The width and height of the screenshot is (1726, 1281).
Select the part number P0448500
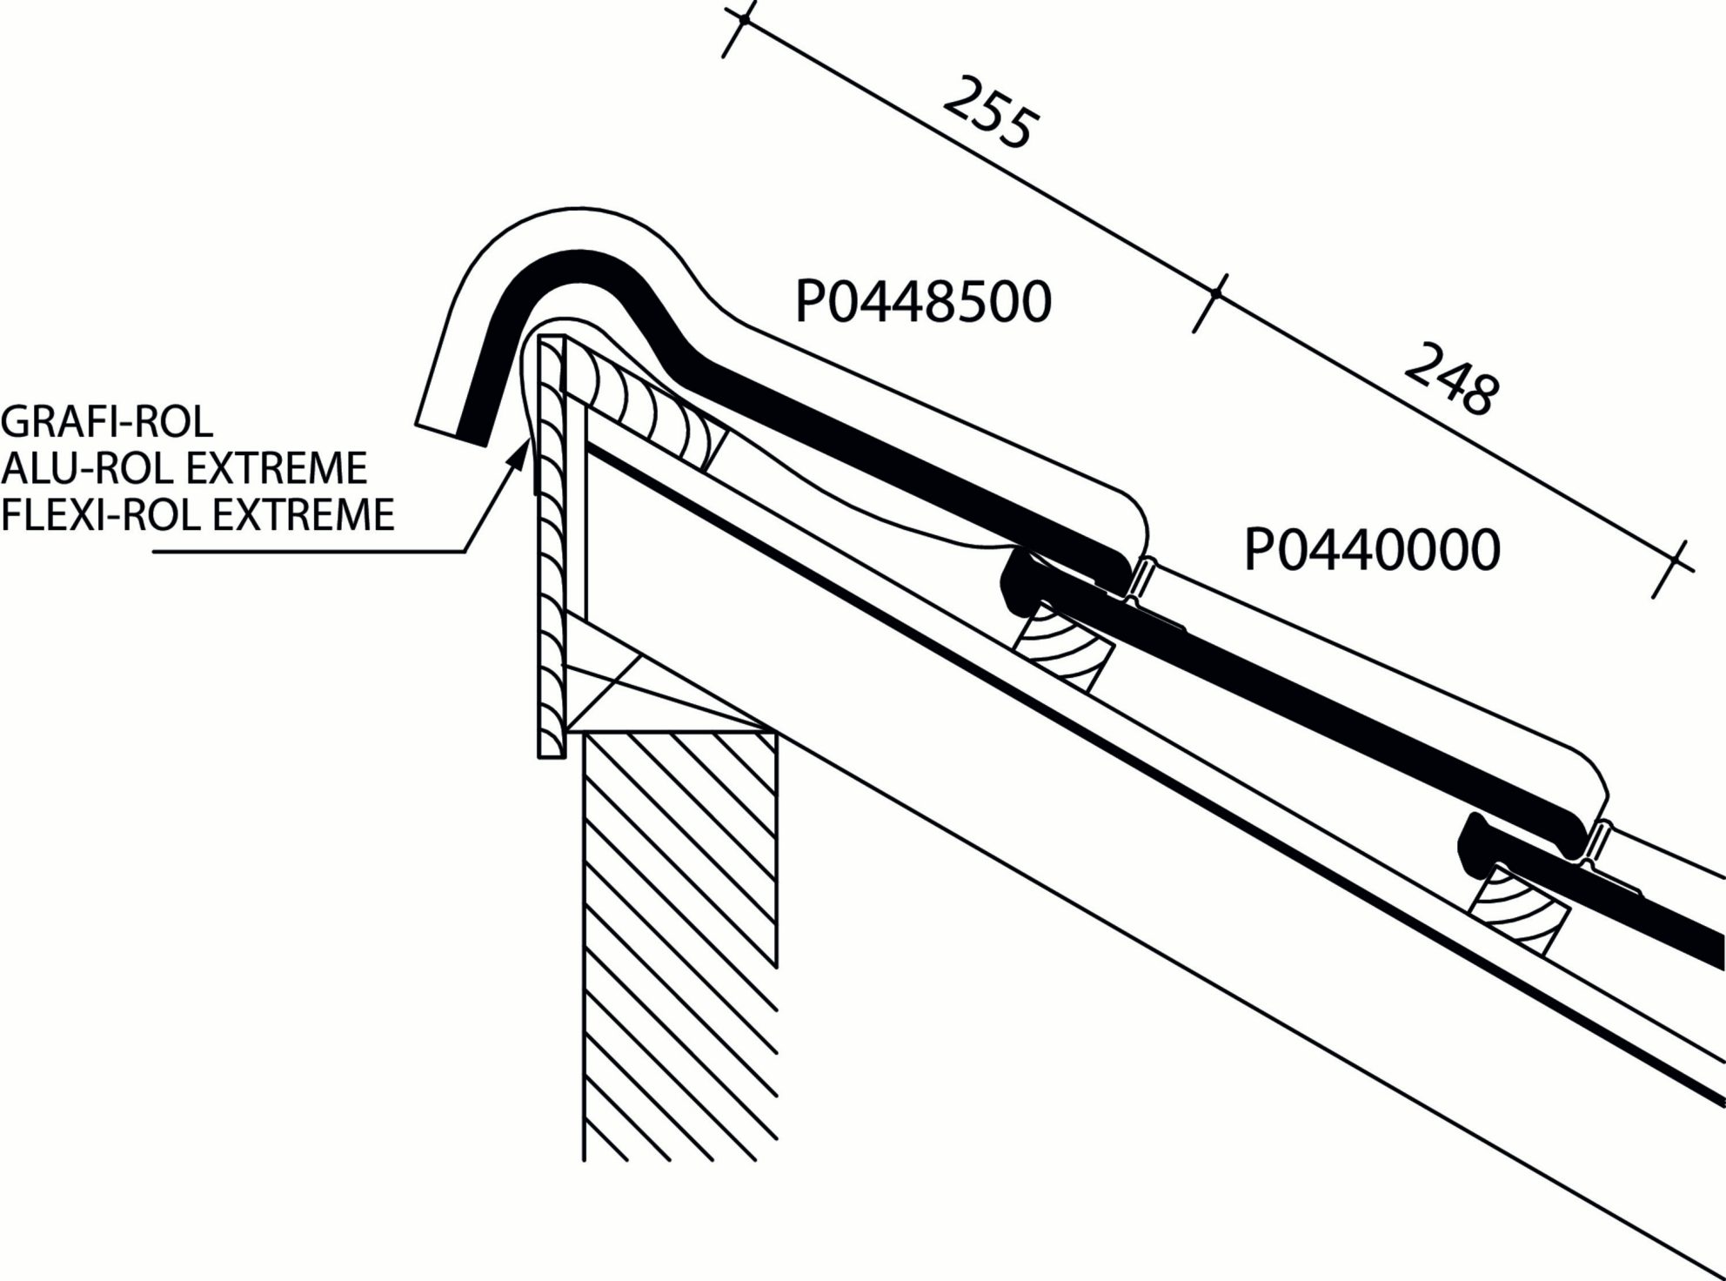tap(923, 303)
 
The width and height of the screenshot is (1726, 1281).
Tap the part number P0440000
tap(1372, 550)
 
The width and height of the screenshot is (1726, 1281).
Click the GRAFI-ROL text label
tap(107, 422)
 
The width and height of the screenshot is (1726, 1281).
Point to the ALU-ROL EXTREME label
tap(184, 468)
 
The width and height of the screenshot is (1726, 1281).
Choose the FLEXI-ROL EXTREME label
tap(197, 514)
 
